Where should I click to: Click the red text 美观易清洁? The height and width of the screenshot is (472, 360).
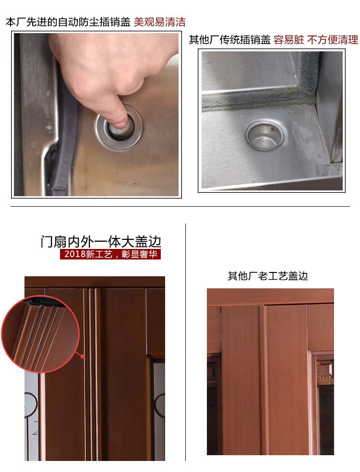point(159,22)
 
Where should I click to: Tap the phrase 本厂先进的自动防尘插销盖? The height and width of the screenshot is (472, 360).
point(68,22)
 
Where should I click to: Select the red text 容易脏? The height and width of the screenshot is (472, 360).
point(288,40)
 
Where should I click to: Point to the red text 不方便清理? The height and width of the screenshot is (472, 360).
point(333,40)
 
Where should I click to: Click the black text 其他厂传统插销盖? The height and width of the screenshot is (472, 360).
point(230,40)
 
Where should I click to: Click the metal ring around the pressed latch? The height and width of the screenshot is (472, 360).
point(119,128)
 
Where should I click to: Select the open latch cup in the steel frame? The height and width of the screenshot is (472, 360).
point(265,135)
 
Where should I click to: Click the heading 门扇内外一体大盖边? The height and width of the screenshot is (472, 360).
point(101,241)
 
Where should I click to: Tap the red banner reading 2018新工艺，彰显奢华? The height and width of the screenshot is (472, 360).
point(110,254)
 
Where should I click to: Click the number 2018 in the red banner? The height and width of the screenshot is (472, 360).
point(75,254)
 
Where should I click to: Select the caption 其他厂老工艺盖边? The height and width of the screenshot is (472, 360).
point(267,276)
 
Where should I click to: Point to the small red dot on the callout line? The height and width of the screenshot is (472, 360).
point(83,356)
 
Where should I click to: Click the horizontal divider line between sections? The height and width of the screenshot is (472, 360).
point(180,206)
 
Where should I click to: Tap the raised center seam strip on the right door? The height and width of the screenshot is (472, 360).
point(264,379)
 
